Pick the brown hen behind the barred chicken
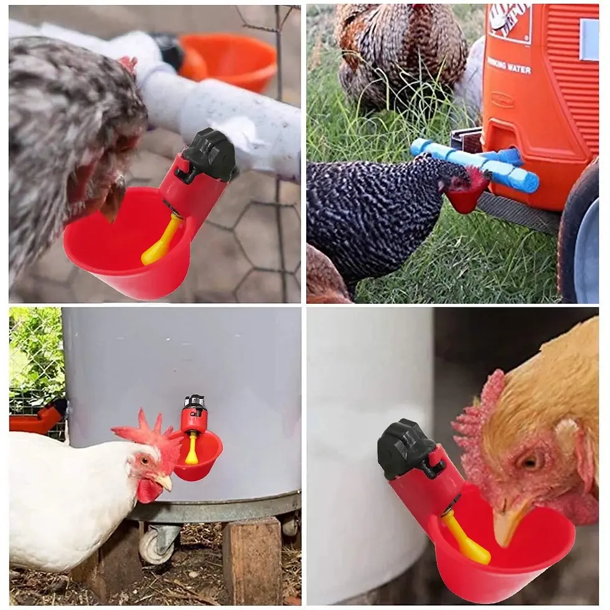point(401,53)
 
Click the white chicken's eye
point(144,461)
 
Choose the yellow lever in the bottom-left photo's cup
point(192,449)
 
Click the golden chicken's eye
point(530,461)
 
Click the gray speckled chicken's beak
point(113,202)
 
